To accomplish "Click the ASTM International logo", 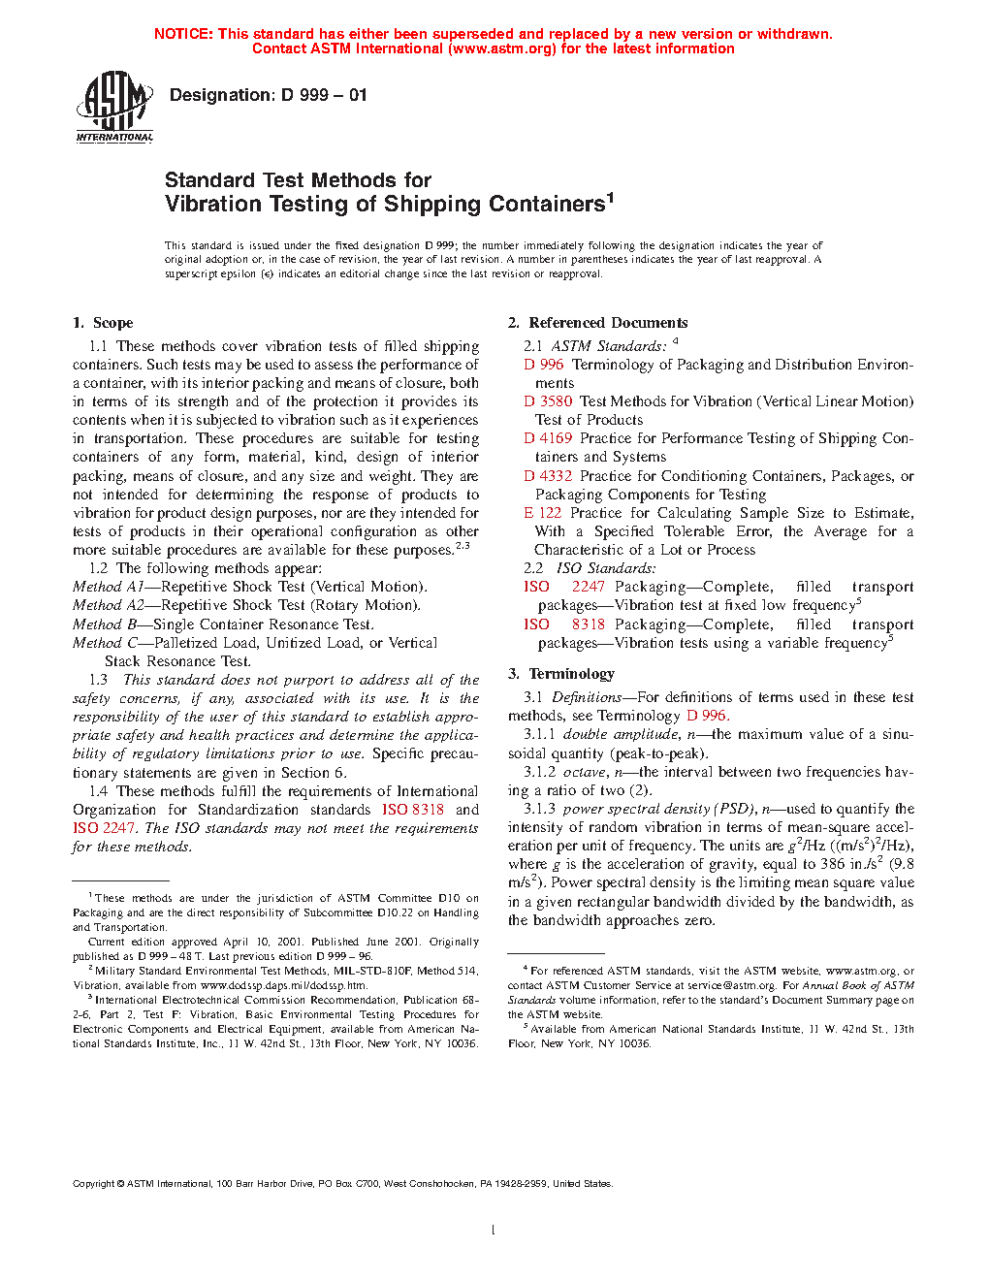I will (x=114, y=108).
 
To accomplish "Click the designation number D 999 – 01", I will (x=268, y=95).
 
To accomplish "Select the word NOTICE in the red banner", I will (x=183, y=34).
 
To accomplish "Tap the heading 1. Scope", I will (x=103, y=323).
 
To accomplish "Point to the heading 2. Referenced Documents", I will (x=598, y=323).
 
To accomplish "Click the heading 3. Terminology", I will (x=561, y=674).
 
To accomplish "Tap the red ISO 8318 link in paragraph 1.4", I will (x=413, y=810).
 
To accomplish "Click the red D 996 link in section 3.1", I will (x=707, y=716).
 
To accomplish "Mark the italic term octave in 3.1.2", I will (x=585, y=772).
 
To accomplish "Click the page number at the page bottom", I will (x=494, y=1231).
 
